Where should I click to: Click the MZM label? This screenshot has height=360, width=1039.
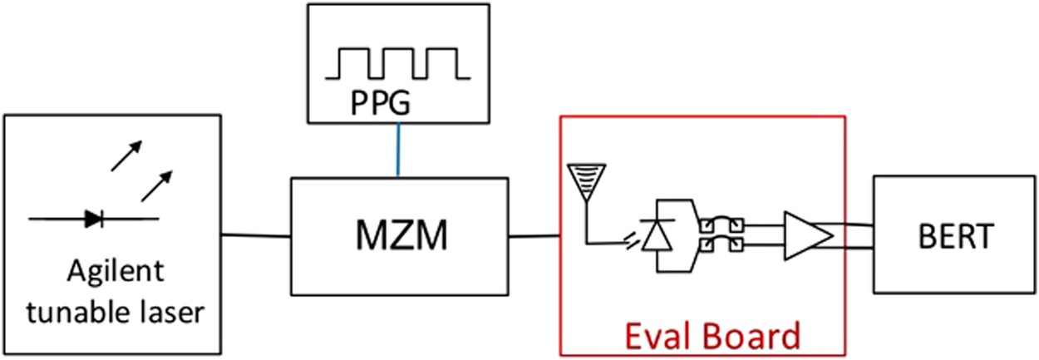click(398, 237)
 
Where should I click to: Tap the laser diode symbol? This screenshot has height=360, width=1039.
click(93, 219)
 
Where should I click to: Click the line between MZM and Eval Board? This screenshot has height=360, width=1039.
click(533, 237)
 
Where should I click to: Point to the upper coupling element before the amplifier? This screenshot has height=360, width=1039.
click(721, 225)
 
